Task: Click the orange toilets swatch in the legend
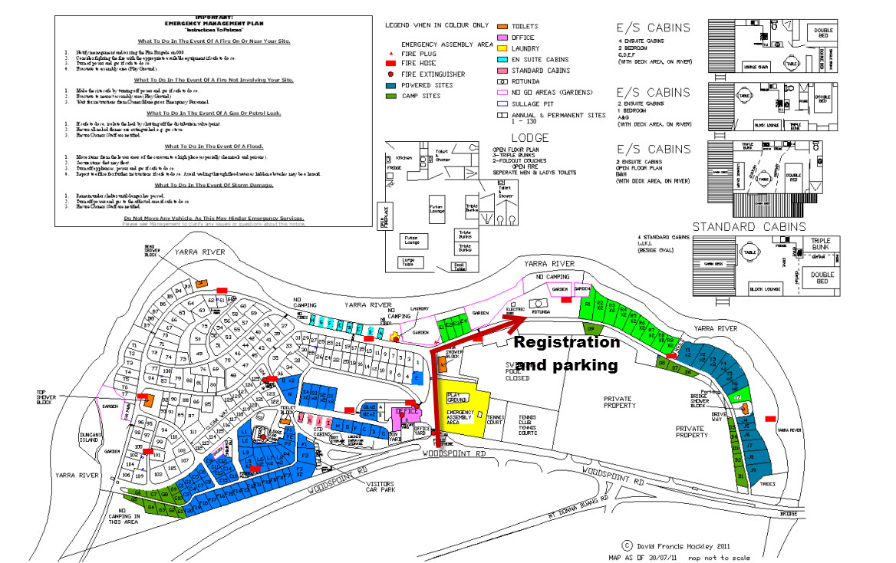click(x=502, y=26)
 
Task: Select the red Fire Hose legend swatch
click(x=392, y=64)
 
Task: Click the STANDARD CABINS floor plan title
click(x=749, y=227)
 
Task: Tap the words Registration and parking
click(x=566, y=354)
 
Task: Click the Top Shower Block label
click(x=48, y=398)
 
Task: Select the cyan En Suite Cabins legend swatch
click(x=502, y=59)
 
